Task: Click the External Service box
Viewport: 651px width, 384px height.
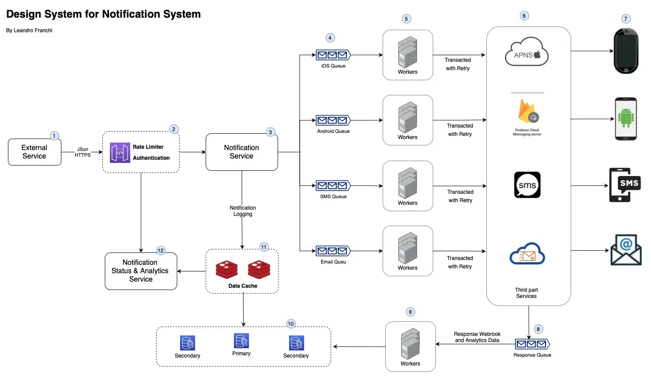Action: point(34,152)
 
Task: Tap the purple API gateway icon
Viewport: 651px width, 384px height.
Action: point(120,153)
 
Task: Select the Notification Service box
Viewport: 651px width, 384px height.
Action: point(242,152)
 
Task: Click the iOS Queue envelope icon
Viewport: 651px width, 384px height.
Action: point(333,55)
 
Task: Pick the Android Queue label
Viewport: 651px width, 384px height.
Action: point(333,131)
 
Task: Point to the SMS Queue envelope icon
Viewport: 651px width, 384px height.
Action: point(333,185)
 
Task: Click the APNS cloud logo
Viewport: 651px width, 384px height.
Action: point(527,52)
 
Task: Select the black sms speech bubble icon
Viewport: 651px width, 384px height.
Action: point(527,185)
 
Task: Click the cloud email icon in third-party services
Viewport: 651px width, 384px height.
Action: point(527,253)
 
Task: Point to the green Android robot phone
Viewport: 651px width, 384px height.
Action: point(626,119)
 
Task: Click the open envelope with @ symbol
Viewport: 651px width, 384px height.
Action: point(626,250)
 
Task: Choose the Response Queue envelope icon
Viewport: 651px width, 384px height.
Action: point(532,344)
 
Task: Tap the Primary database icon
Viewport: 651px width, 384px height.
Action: point(241,341)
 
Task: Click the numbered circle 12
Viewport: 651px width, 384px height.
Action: point(160,251)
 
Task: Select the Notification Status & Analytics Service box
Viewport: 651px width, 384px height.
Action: point(141,271)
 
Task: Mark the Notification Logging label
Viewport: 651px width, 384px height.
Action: point(243,211)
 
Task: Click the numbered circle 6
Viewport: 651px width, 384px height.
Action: point(524,16)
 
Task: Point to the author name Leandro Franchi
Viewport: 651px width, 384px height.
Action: point(33,30)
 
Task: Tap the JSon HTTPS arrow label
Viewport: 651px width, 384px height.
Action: point(83,152)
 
